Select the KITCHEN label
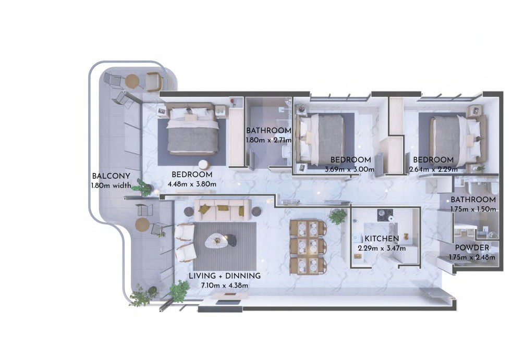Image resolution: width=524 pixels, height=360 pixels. pyautogui.click(x=382, y=239)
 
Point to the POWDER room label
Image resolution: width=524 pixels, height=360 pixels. pyautogui.click(x=471, y=248)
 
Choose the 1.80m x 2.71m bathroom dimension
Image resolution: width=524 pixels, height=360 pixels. pyautogui.click(x=269, y=140)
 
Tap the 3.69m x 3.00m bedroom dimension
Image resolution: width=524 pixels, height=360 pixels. pyautogui.click(x=350, y=169)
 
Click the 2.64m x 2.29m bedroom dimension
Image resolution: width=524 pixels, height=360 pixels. pyautogui.click(x=433, y=169)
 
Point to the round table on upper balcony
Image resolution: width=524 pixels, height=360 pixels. pyautogui.click(x=132, y=81)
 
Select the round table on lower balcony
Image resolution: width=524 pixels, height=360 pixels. pyautogui.click(x=142, y=224)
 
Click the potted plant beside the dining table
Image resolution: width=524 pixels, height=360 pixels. pyautogui.click(x=338, y=216)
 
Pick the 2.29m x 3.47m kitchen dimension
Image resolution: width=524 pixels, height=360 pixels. pyautogui.click(x=382, y=248)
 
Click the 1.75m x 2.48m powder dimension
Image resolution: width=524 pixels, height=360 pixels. pyautogui.click(x=471, y=257)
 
